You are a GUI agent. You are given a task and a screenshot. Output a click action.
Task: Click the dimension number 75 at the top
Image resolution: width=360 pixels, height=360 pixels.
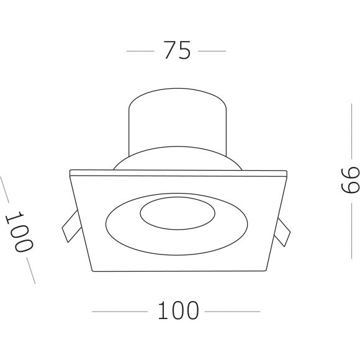177,50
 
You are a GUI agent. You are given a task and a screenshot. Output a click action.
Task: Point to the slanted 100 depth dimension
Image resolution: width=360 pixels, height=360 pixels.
19,231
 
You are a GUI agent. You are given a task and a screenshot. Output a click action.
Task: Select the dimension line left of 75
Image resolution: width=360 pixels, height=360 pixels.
140,51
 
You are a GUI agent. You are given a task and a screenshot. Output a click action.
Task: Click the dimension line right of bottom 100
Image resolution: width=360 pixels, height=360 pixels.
232,311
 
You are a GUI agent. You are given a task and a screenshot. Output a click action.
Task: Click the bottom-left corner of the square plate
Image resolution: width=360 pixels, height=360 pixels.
92,271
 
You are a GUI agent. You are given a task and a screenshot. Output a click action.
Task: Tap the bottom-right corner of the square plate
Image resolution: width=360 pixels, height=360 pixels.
268,271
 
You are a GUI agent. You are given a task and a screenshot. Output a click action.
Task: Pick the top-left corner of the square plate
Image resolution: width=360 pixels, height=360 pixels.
70,171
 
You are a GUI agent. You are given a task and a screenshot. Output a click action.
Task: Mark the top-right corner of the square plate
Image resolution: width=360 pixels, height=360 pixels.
287,171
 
